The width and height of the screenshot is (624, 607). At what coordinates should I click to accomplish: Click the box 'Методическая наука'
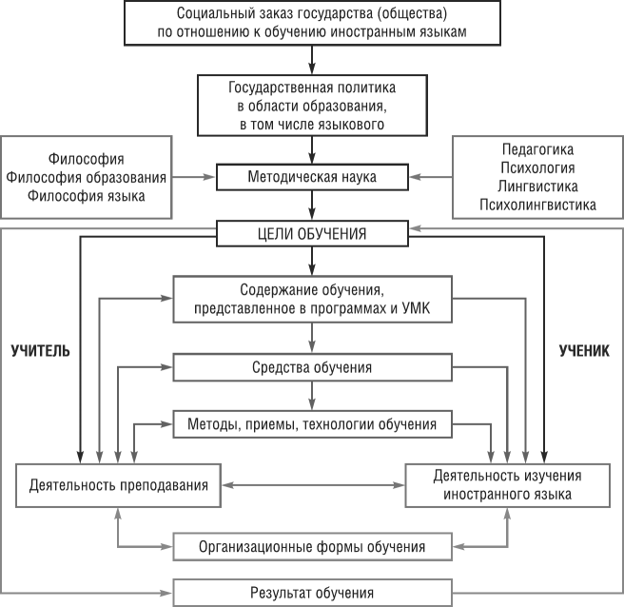(312, 177)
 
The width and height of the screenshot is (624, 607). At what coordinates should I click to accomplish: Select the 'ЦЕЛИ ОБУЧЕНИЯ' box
(312, 232)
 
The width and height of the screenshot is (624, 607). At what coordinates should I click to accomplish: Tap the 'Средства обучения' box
(312, 367)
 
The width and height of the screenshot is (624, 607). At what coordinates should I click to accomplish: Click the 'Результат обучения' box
(312, 593)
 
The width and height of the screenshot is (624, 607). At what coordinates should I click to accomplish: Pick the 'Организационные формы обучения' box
(312, 547)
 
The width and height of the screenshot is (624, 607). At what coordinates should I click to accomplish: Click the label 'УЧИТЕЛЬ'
(41, 350)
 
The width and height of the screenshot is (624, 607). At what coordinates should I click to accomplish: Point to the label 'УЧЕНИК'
(583, 350)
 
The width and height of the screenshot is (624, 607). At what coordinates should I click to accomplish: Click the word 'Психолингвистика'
(538, 204)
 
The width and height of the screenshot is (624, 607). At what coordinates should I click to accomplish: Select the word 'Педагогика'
(538, 149)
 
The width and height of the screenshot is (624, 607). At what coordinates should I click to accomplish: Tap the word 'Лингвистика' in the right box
(538, 186)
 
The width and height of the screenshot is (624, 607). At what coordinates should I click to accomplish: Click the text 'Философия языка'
(87, 196)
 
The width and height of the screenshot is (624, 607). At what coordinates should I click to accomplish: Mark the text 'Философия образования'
(87, 177)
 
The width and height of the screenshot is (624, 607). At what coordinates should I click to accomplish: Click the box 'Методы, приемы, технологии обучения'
(312, 423)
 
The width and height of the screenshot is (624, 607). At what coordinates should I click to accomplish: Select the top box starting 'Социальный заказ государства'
(312, 23)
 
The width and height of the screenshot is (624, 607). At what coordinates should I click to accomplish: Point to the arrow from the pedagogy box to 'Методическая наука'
(431, 177)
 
